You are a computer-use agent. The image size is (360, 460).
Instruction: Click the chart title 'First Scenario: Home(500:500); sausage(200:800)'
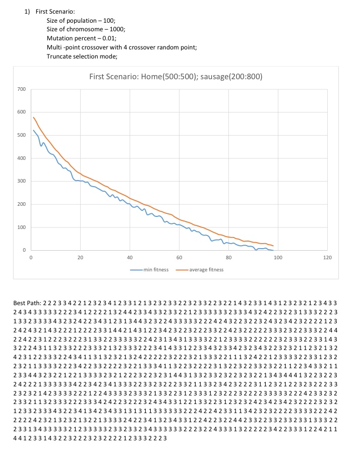(x=175, y=77)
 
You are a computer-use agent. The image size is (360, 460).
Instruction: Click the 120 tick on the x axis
(x=327, y=258)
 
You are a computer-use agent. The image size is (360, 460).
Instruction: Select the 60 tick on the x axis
(x=179, y=258)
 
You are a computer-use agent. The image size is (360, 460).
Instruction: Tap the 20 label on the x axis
(x=80, y=258)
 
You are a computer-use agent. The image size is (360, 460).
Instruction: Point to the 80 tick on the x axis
(x=228, y=258)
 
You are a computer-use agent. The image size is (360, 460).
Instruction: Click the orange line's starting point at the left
(x=33, y=118)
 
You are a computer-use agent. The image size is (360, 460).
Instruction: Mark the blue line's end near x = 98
(x=273, y=250)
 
